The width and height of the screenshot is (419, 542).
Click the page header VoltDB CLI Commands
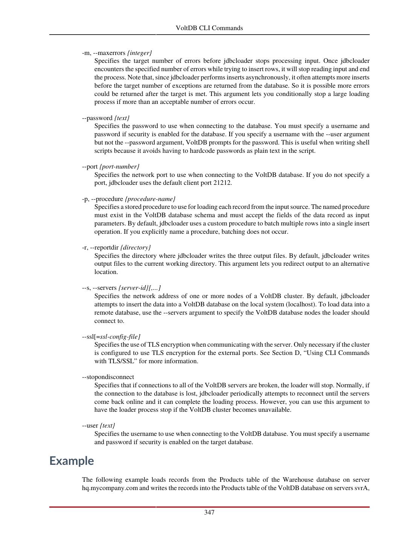pos(209,28)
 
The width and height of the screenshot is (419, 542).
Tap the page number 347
pos(209,512)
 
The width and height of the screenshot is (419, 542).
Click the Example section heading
pos(72,461)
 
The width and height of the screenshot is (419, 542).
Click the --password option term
pos(97,118)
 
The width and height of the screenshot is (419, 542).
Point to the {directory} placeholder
pos(136,247)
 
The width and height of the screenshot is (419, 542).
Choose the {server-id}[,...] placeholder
pos(139,288)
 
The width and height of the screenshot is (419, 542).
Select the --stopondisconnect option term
pos(108,377)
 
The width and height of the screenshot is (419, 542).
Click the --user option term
pos(90,425)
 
